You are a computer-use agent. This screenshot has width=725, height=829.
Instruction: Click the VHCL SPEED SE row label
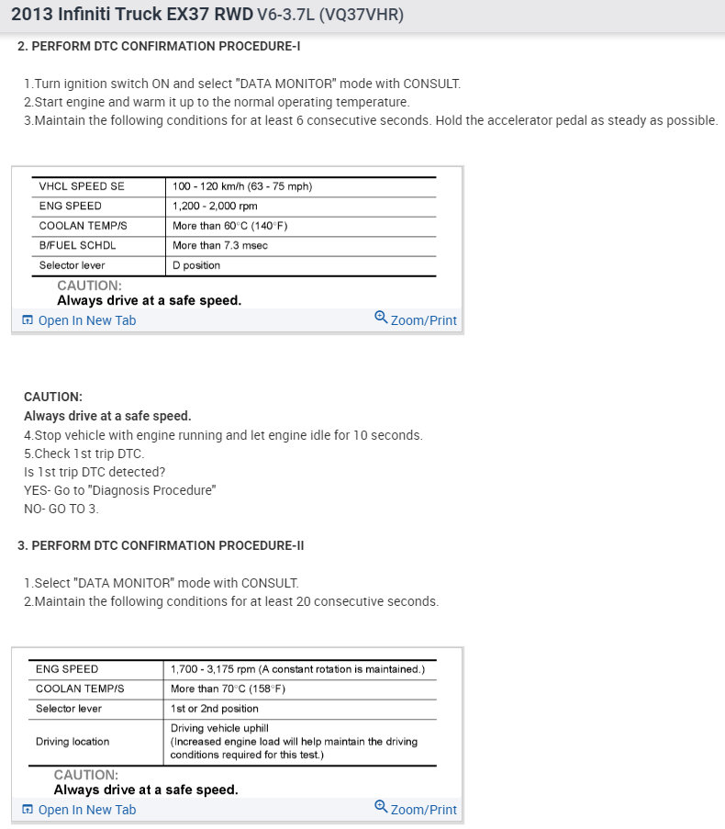[x=82, y=186]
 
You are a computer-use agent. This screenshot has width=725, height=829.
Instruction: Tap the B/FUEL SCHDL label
[x=77, y=245]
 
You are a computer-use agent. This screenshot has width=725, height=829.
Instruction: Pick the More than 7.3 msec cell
[x=220, y=245]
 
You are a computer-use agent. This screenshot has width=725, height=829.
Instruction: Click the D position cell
[x=196, y=265]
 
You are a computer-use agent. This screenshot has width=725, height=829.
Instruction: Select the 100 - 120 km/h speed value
[x=242, y=186]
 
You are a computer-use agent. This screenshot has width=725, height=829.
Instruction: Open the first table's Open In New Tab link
[x=86, y=320]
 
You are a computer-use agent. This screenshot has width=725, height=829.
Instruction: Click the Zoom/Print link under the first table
[x=423, y=320]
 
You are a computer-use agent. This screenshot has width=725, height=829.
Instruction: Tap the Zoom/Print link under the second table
[x=423, y=810]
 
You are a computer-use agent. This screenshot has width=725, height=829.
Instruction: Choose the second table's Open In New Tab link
[x=86, y=810]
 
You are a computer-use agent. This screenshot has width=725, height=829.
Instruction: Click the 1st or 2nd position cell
[x=215, y=709]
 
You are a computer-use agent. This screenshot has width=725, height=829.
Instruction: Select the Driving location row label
[x=72, y=742]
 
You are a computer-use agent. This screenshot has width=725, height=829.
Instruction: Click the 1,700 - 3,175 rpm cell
[x=297, y=669]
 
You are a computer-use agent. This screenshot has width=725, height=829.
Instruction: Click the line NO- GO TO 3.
[x=61, y=509]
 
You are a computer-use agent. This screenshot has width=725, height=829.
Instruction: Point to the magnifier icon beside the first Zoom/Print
[x=381, y=318]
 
